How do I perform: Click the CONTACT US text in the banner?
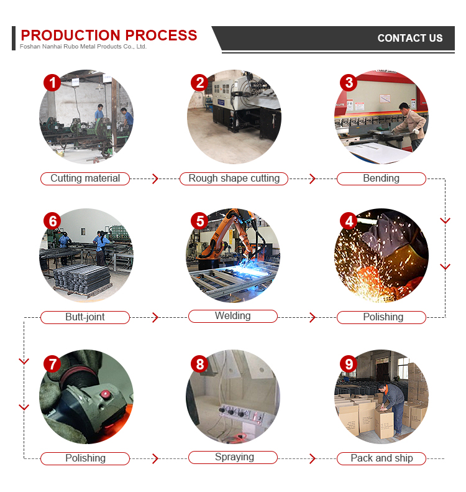pos(410,39)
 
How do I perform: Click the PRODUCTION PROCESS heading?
pos(109,35)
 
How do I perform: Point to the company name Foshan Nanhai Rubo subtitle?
pos(83,47)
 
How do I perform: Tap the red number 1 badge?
pos(52,83)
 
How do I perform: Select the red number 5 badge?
pos(199,221)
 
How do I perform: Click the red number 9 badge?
pos(349,364)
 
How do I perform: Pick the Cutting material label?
pos(85,179)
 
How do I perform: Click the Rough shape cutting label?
pos(234,179)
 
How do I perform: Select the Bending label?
pos(381,179)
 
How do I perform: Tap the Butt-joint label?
pos(85,317)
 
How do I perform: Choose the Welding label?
pos(233,316)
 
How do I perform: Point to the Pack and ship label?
pos(381,458)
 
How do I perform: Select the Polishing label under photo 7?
pos(85,458)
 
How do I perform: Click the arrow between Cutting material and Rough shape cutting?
pos(155,179)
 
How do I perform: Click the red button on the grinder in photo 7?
pos(105,394)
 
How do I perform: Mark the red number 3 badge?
pos(349,83)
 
